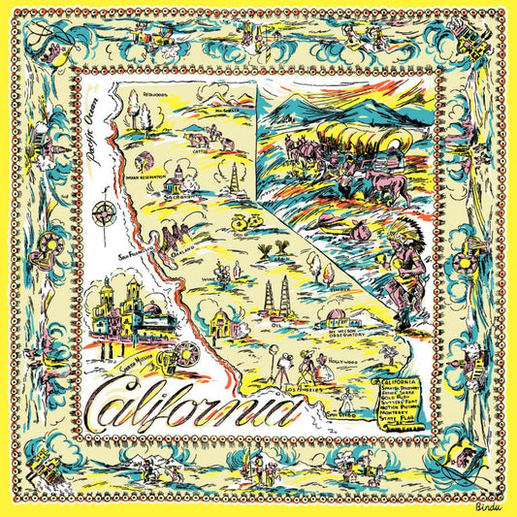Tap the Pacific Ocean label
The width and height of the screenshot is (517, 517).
pyautogui.click(x=94, y=132)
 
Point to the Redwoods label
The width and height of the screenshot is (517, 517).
pyautogui.click(x=152, y=96)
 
